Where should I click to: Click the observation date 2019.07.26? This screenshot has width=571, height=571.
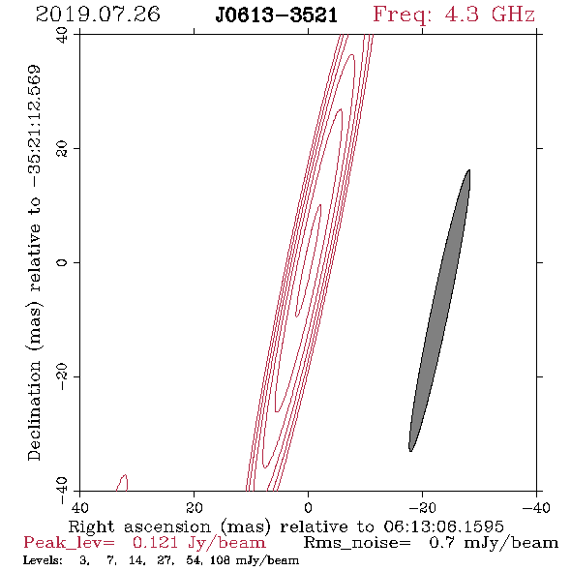coord(98,15)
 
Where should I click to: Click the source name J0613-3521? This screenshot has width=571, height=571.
coord(276,15)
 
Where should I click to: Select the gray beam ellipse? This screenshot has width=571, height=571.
coord(439,311)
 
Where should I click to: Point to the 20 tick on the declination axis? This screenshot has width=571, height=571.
coord(62,149)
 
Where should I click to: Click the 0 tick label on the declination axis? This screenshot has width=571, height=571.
coord(62,262)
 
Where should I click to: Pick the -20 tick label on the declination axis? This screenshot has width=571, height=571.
coord(62,376)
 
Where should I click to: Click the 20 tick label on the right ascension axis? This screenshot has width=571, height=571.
coord(194,508)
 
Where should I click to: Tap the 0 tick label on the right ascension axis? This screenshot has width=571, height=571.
coord(308,508)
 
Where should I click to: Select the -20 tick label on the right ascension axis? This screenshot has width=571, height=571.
coord(422,508)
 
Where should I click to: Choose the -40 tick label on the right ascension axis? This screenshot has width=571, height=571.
coord(536,508)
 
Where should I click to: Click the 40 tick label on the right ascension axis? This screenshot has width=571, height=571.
coord(79,508)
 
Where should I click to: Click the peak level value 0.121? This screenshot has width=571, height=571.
coord(156,543)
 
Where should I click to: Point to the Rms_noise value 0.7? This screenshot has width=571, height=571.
coord(441,543)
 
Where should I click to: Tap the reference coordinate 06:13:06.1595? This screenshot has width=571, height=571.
coord(443,526)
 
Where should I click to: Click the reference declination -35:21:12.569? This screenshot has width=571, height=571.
coord(35,127)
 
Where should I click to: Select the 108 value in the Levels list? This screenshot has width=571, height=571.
coord(220,559)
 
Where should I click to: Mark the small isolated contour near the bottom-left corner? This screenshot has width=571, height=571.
coord(122,483)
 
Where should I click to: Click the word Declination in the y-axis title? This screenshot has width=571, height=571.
coord(34,410)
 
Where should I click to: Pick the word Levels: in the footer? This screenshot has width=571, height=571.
coord(43,559)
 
